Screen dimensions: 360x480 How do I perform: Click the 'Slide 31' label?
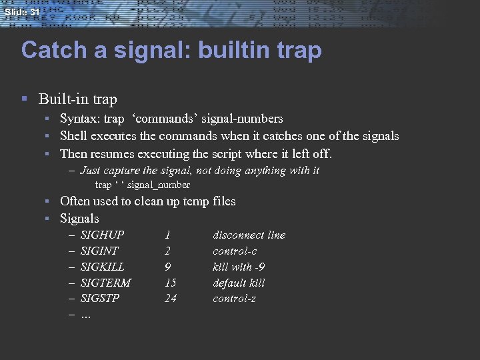tap(21, 12)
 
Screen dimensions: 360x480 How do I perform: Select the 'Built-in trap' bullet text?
tap(78, 99)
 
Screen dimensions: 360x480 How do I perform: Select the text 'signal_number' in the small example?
tap(158, 185)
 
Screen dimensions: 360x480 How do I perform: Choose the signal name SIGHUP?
tap(102, 235)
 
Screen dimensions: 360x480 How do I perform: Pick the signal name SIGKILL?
tap(102, 267)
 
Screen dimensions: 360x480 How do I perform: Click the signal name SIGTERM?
tap(105, 283)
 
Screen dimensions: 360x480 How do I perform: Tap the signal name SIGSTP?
tap(100, 298)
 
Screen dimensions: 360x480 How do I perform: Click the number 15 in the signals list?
tap(170, 283)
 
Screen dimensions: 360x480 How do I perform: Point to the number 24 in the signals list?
tap(171, 298)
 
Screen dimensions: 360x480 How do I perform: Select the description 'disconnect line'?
tap(249, 235)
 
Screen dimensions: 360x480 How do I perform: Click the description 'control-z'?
tap(234, 298)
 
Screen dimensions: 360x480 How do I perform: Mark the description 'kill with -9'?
tap(239, 267)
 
